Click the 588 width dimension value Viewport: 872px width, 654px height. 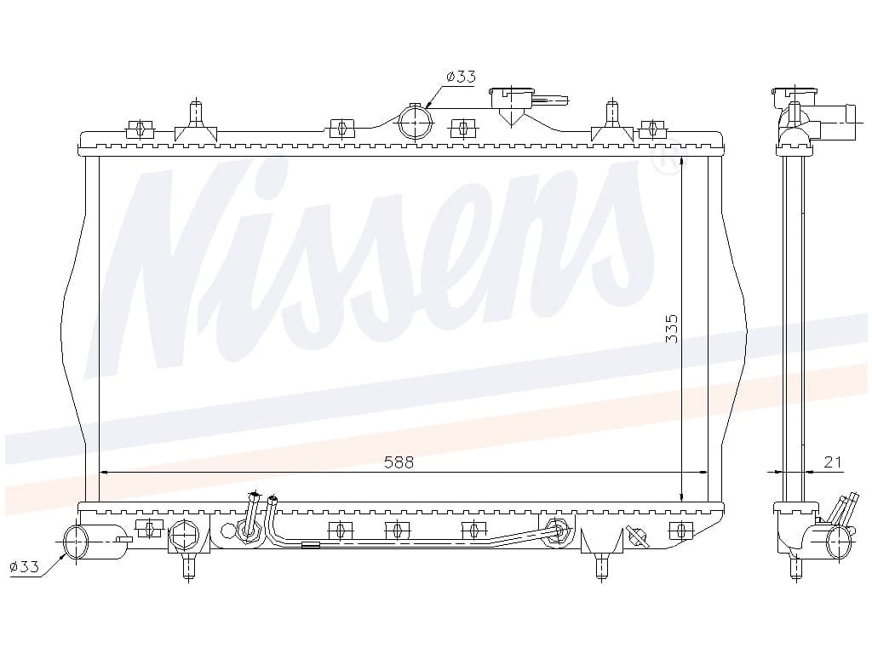click(x=399, y=462)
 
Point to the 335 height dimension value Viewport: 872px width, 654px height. click(x=673, y=329)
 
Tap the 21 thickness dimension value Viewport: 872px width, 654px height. click(x=833, y=462)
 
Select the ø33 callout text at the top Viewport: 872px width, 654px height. click(x=461, y=76)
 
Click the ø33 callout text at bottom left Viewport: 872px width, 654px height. click(x=25, y=566)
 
